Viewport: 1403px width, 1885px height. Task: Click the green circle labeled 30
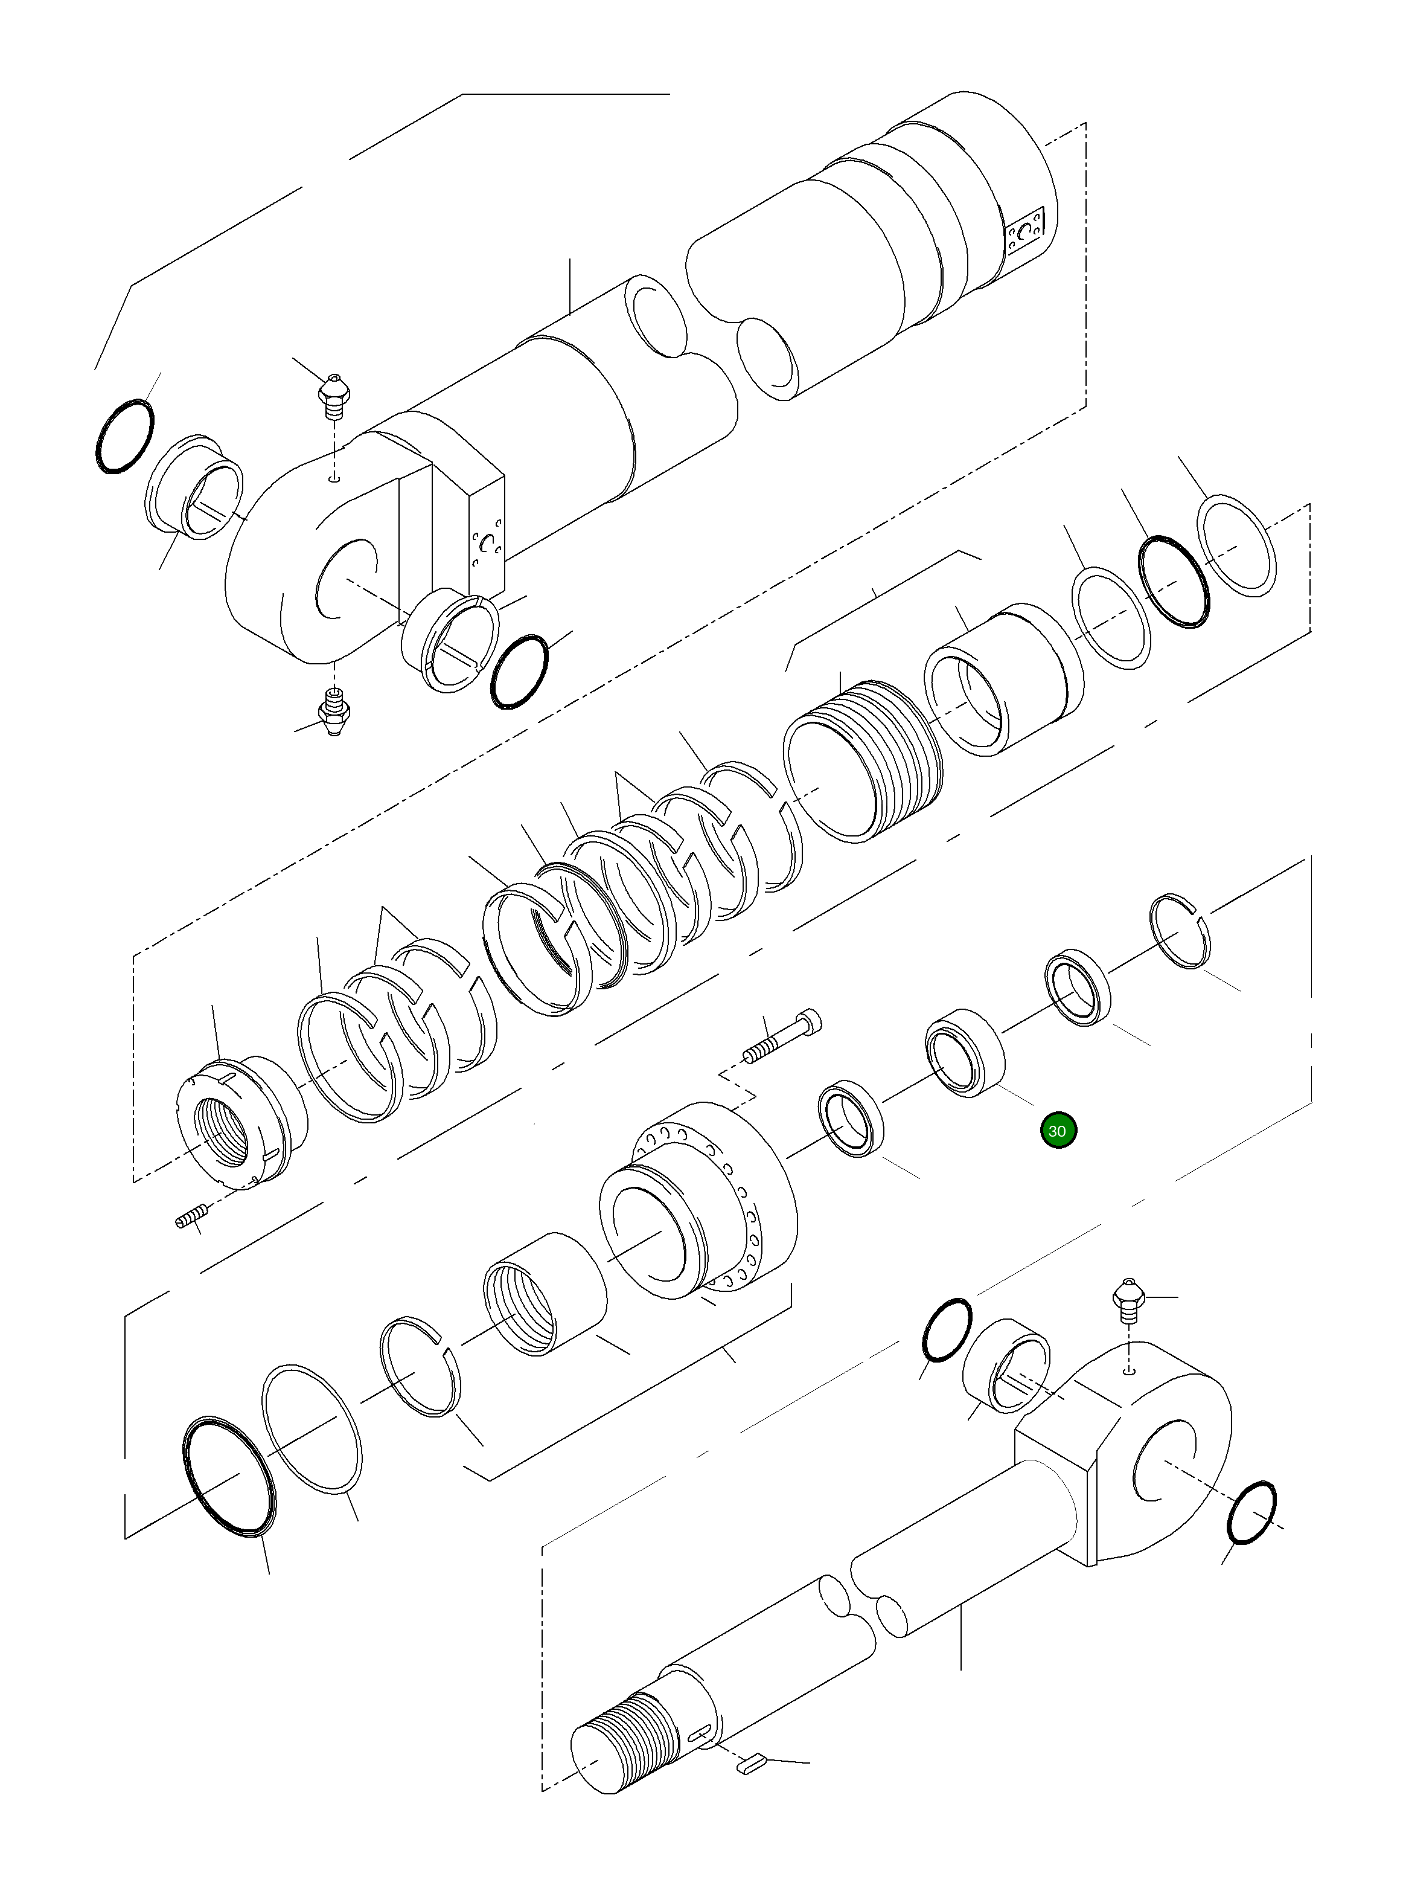coord(1057,1131)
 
